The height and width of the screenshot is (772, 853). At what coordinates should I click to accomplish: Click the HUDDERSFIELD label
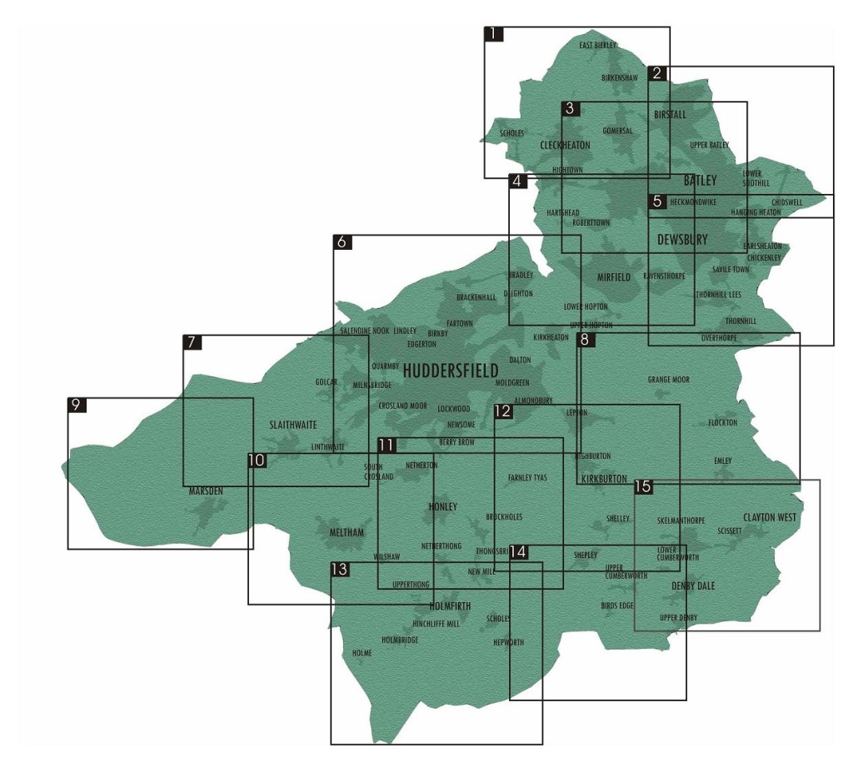tap(451, 371)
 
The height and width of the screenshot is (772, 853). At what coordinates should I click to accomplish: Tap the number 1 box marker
tap(494, 35)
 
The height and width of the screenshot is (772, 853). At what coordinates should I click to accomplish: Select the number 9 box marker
tap(77, 406)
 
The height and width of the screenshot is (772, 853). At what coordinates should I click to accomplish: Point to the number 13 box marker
tap(339, 570)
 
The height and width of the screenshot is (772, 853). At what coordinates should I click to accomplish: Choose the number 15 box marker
tap(642, 486)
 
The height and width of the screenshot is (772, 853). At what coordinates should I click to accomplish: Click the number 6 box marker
tap(342, 242)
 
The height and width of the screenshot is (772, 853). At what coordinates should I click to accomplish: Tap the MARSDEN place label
tap(206, 491)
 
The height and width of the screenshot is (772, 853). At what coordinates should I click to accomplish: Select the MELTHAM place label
tap(347, 533)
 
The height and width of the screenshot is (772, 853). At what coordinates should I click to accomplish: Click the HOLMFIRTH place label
tap(451, 606)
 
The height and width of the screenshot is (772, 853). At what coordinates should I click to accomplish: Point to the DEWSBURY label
tap(682, 240)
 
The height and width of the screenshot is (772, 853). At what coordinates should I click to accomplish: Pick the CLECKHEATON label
tap(565, 145)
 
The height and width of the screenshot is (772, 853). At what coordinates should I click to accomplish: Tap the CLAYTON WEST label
tap(770, 517)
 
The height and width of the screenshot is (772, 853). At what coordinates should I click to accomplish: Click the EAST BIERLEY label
tap(598, 45)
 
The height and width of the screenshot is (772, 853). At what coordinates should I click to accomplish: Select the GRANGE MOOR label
tap(669, 380)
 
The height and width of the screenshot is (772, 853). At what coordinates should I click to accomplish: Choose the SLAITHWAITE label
tap(293, 425)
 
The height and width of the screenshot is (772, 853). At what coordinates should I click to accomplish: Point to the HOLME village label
tap(362, 654)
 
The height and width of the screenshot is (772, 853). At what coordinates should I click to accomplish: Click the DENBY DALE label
tap(693, 586)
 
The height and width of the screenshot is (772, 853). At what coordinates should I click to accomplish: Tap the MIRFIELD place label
tap(614, 277)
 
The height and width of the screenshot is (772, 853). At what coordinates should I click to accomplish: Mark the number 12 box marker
tap(503, 411)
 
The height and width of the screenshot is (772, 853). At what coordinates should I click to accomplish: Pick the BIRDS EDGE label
tap(617, 606)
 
